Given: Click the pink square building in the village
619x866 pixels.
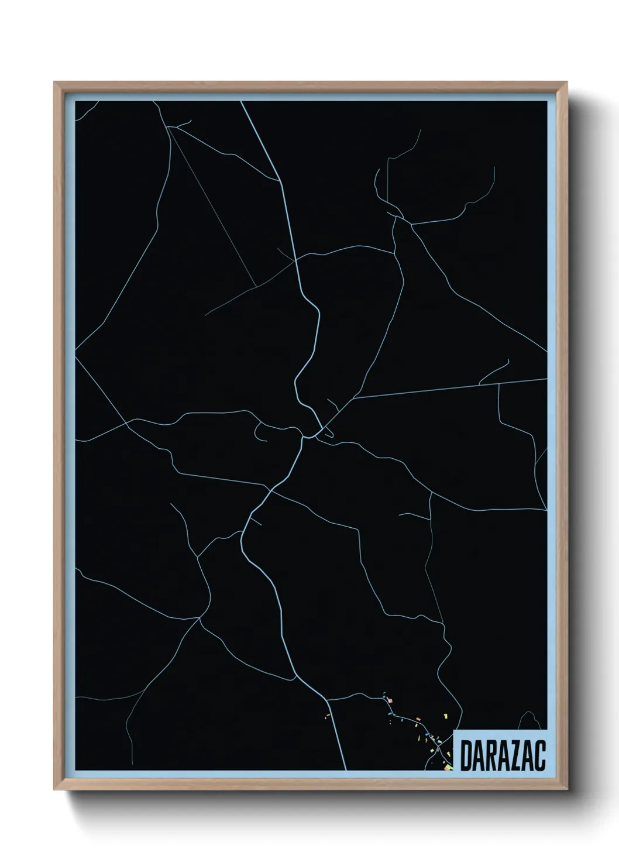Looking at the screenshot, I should click(390, 700).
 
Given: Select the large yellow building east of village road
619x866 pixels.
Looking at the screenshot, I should click(446, 716).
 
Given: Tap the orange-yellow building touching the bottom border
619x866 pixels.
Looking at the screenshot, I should click(448, 767).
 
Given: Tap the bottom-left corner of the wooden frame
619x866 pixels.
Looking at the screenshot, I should click(55, 789).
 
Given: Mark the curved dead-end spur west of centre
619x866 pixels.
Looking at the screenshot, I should click(260, 433).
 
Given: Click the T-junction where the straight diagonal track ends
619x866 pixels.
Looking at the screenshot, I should click(256, 287).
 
